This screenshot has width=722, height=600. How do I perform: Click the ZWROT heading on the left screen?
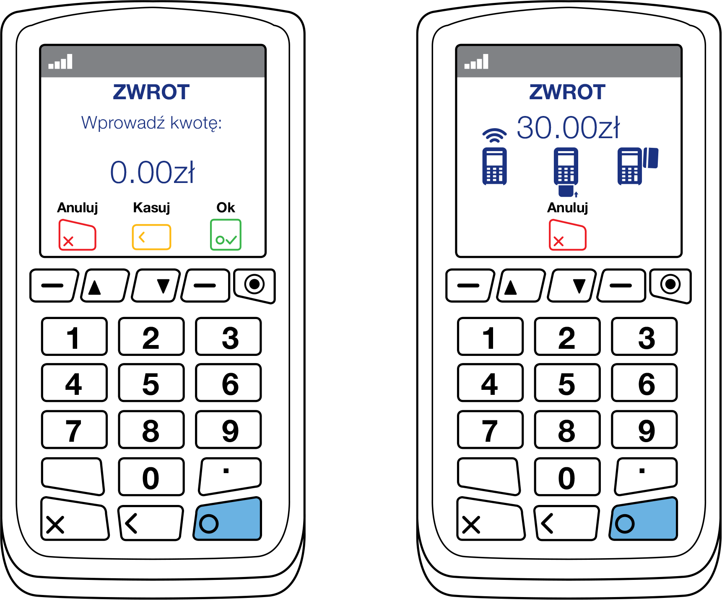[151, 92]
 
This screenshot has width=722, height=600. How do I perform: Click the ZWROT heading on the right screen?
[567, 92]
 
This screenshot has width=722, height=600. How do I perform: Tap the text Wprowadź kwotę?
[151, 123]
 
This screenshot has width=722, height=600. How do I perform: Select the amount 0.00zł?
[152, 173]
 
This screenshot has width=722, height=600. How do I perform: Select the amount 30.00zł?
[568, 128]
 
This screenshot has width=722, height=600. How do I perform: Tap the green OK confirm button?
[226, 235]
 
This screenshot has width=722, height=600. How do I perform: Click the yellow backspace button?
[151, 237]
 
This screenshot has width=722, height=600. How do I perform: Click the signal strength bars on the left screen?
[61, 62]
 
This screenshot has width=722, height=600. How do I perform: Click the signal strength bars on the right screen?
[477, 62]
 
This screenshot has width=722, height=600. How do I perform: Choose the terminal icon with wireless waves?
[494, 166]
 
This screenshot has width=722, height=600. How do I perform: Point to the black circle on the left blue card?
[209, 524]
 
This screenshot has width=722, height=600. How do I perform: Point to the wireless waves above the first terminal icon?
[494, 135]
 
